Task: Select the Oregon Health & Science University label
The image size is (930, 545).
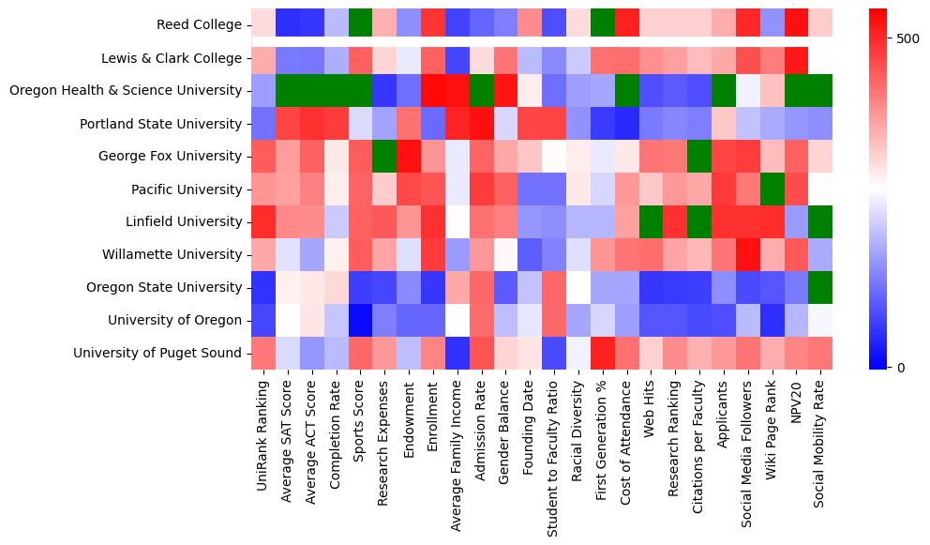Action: [x=126, y=91]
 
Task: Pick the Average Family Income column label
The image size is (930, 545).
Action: [x=458, y=451]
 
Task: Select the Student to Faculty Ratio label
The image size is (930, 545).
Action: [x=555, y=455]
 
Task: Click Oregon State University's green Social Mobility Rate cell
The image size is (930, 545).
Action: [x=821, y=288]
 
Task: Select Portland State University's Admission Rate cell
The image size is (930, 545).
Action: [x=482, y=124]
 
